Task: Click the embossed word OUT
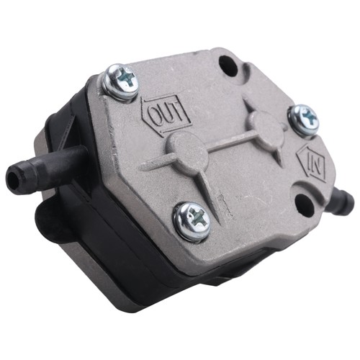tap(166, 114)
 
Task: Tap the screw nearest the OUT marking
tap(120, 81)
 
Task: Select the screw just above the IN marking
tap(303, 120)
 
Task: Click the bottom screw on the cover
tap(192, 221)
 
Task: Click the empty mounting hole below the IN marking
tap(303, 202)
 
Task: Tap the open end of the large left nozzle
tap(12, 178)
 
